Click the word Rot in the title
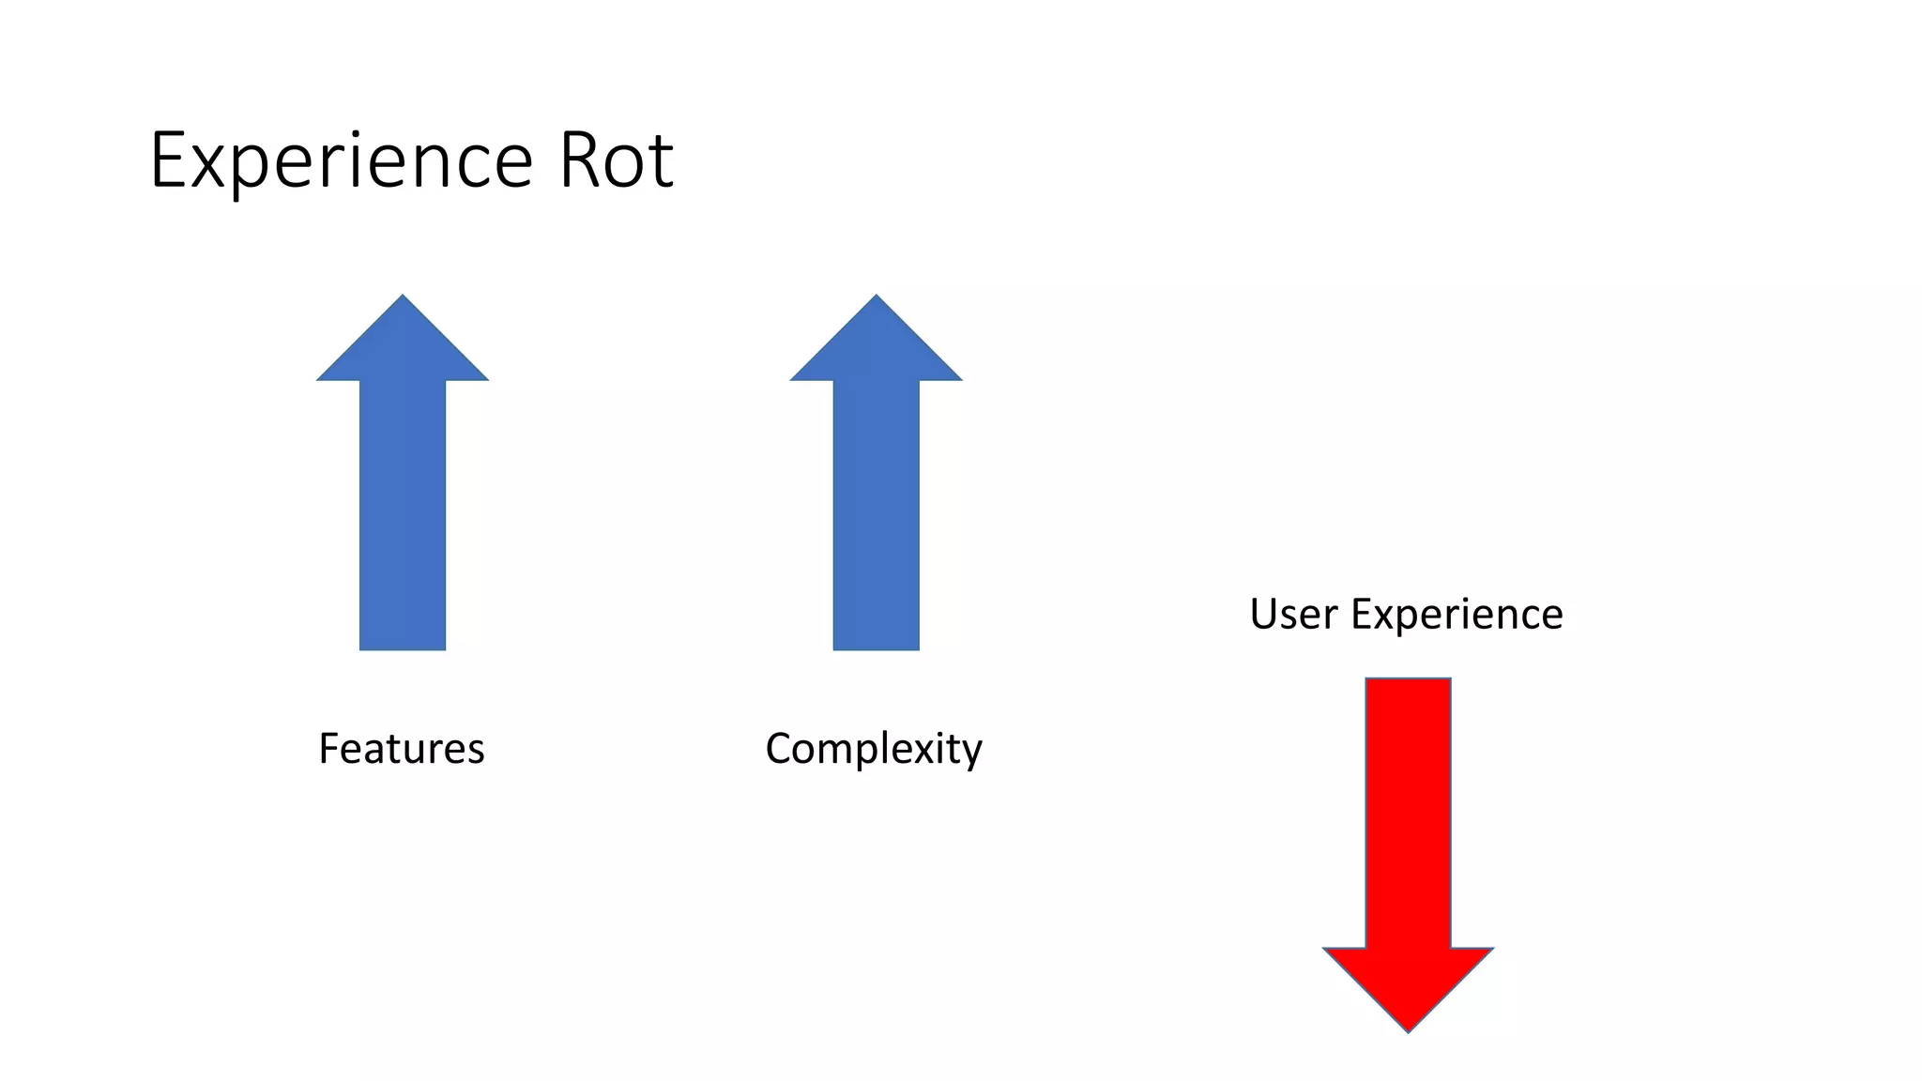tap(616, 161)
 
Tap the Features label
tap(402, 749)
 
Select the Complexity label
tap(874, 749)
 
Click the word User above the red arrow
tap(1293, 615)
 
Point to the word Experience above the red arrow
tap(1457, 615)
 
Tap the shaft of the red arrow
tap(1408, 812)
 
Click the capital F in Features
tap(328, 749)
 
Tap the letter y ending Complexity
tap(972, 753)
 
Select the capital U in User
tap(1264, 615)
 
